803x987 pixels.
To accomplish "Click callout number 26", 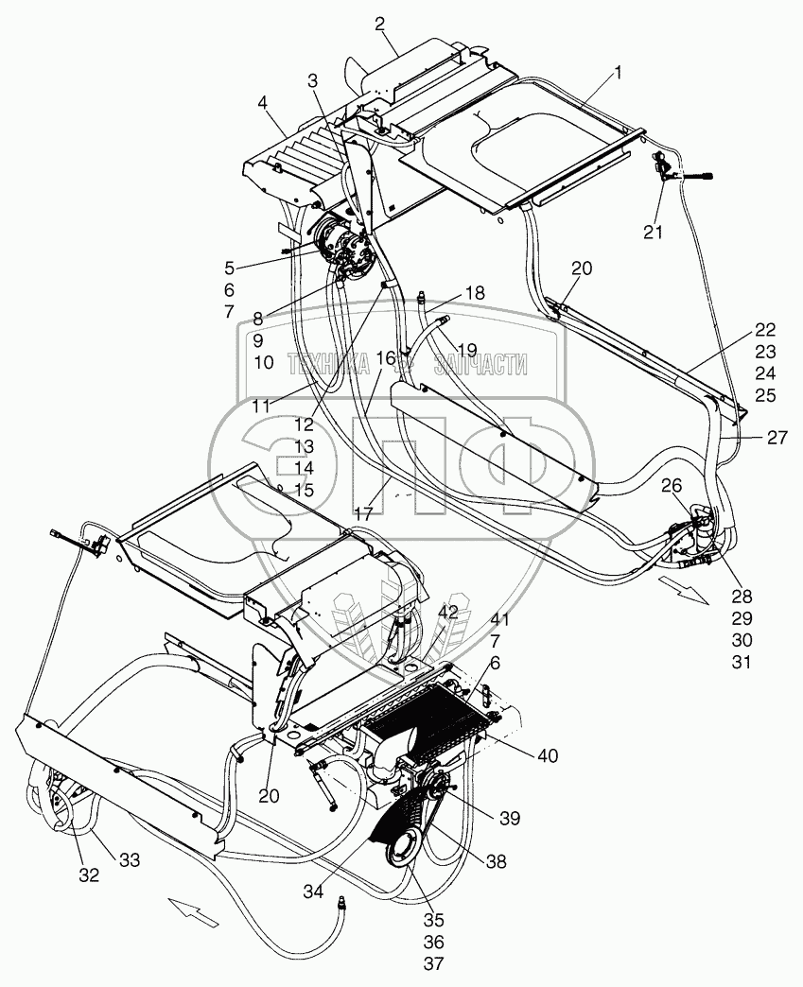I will point(670,487).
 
